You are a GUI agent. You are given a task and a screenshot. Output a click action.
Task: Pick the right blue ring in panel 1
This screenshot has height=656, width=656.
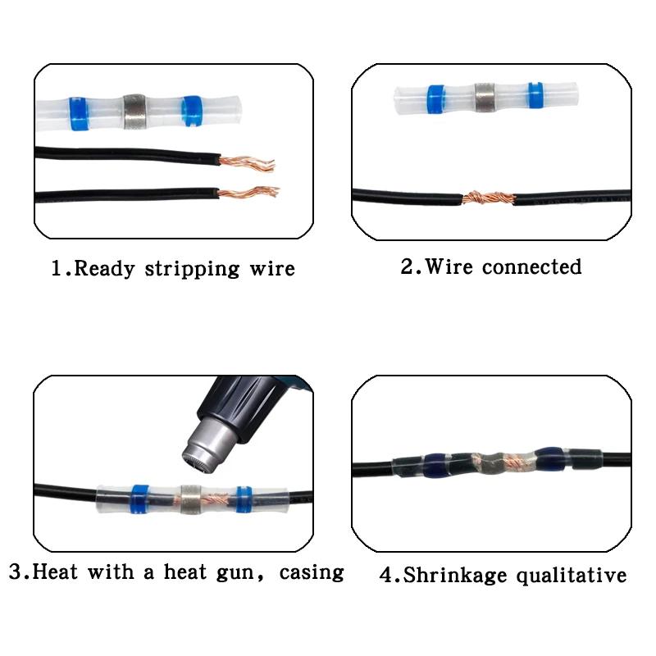pos(192,112)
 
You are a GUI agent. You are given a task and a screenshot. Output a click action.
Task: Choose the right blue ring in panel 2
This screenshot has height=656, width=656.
pos(535,98)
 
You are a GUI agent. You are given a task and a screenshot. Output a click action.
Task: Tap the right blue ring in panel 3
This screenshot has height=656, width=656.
pos(243,499)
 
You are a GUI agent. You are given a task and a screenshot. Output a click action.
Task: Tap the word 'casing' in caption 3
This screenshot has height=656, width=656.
pos(311,571)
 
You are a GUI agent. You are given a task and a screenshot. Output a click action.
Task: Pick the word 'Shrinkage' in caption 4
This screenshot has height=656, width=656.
pos(455,575)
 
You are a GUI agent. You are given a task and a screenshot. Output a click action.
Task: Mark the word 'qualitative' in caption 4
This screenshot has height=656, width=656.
pos(572,575)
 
